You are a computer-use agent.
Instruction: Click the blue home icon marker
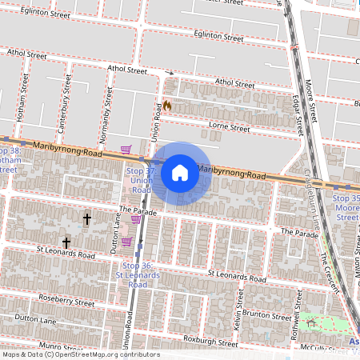click(180, 172)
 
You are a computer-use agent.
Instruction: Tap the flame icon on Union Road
click(168, 106)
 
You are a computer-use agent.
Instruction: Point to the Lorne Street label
click(230, 126)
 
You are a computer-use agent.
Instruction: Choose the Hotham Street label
click(25, 90)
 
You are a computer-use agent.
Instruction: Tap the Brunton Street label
click(269, 316)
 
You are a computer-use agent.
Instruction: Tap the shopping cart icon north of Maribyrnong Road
click(126, 149)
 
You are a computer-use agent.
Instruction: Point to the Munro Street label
click(60, 347)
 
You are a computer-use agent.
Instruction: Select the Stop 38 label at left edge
click(10, 159)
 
